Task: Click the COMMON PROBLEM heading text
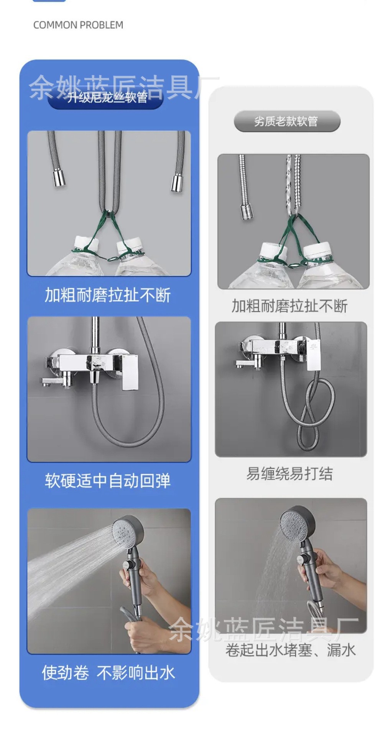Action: (78, 25)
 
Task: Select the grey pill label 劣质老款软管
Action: (287, 122)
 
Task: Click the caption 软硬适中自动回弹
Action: (108, 481)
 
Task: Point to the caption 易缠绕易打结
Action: (289, 474)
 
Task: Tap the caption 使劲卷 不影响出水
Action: (108, 673)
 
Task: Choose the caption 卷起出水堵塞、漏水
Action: (291, 650)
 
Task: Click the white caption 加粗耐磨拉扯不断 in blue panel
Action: (108, 295)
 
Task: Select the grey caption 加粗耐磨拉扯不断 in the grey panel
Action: (289, 306)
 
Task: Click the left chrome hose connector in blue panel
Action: (59, 177)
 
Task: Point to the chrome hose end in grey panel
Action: (246, 210)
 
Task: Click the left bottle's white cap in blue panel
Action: (86, 243)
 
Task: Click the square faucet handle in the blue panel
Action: (130, 372)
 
